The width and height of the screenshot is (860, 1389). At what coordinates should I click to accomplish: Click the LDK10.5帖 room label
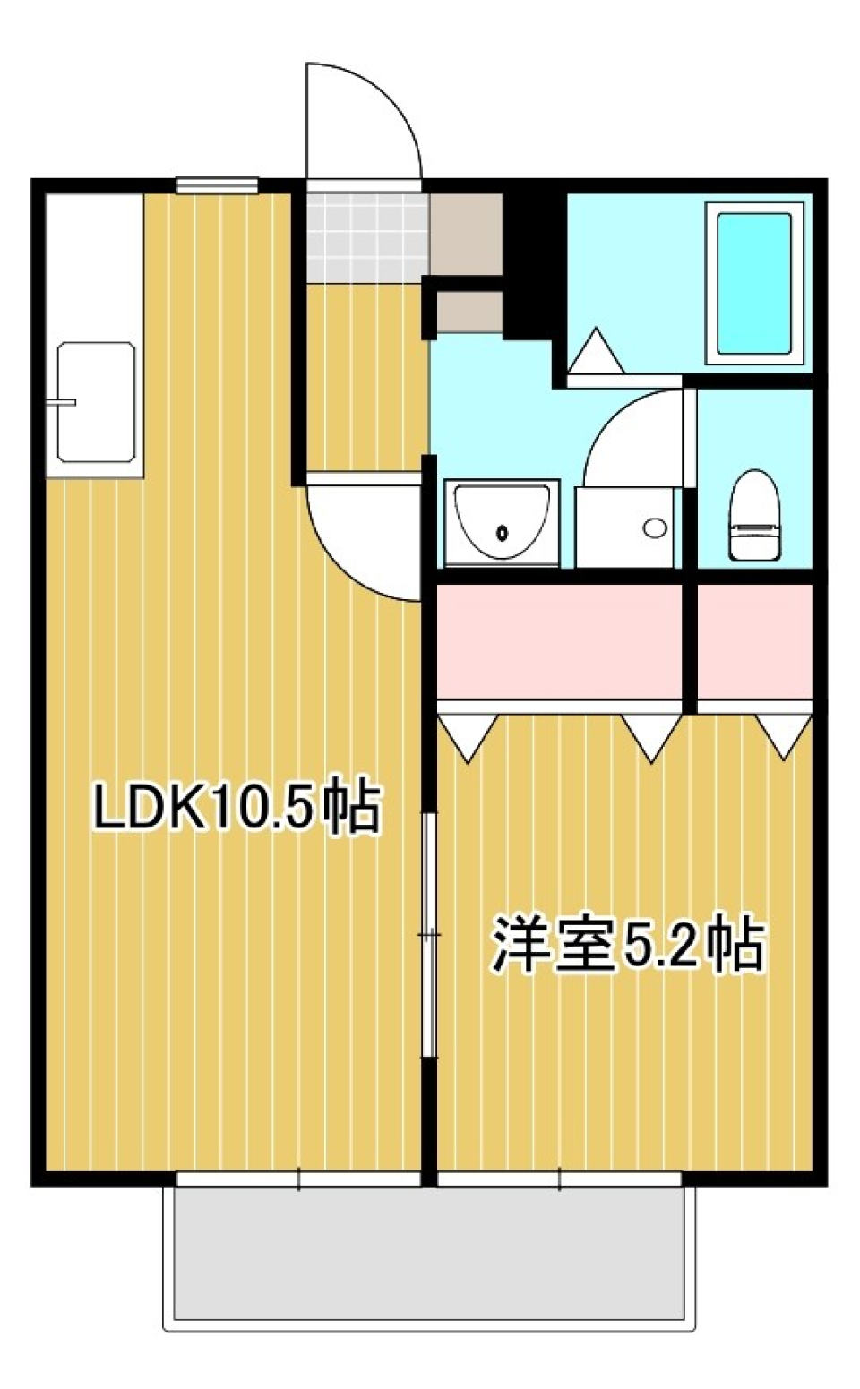[237, 807]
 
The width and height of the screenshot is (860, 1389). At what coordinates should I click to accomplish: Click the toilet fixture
[753, 516]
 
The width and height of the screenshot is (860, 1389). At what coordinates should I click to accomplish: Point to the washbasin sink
[502, 524]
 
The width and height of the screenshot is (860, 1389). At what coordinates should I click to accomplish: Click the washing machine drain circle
[655, 527]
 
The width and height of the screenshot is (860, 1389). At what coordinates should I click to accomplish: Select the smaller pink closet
[754, 642]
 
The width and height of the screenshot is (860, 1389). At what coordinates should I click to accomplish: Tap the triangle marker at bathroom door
[596, 353]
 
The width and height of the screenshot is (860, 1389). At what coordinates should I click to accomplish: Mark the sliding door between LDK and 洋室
[430, 936]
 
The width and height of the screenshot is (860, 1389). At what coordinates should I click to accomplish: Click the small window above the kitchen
[218, 185]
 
